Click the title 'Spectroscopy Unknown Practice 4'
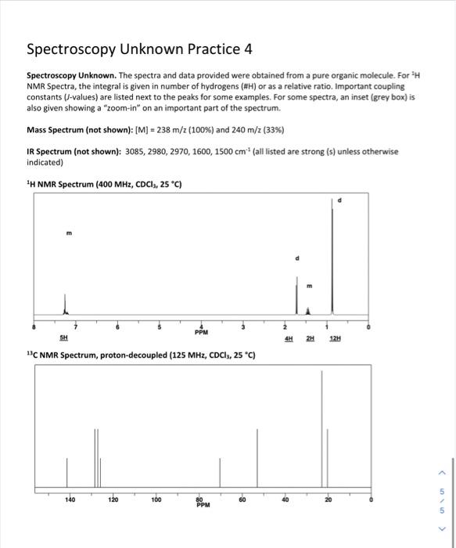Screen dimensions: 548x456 click(139, 49)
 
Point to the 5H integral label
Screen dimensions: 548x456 click(63, 338)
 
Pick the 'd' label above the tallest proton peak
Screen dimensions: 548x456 click(338, 200)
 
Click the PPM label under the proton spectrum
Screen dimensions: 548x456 click(202, 331)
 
